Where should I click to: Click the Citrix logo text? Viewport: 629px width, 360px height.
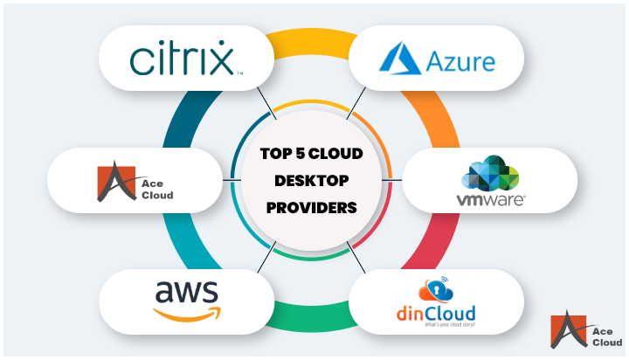coord(182,59)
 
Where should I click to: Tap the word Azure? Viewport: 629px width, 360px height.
coord(461,61)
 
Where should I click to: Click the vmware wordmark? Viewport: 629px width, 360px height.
coord(490,199)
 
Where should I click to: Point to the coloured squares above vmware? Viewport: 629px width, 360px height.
coord(490,175)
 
